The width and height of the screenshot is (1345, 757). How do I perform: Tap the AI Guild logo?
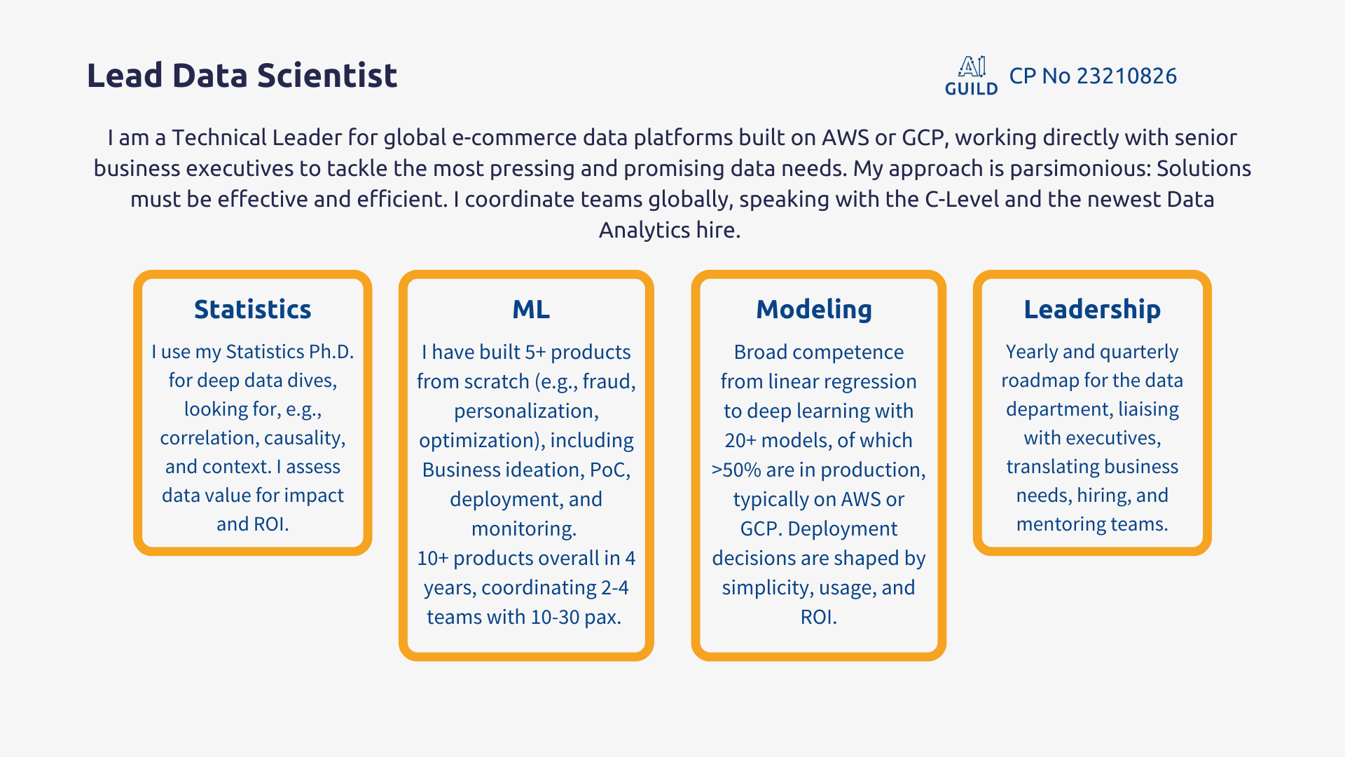(972, 76)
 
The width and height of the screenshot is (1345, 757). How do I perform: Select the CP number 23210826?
(1126, 76)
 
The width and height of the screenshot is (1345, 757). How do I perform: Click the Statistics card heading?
(252, 309)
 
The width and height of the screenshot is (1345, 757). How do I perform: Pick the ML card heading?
(531, 309)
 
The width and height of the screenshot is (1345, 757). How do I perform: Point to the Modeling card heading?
(814, 310)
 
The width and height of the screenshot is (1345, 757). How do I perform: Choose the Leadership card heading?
(1092, 309)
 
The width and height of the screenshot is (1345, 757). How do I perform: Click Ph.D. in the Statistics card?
(331, 351)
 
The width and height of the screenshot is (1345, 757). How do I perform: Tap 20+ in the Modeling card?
(740, 440)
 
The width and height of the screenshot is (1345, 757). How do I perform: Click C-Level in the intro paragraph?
(962, 199)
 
